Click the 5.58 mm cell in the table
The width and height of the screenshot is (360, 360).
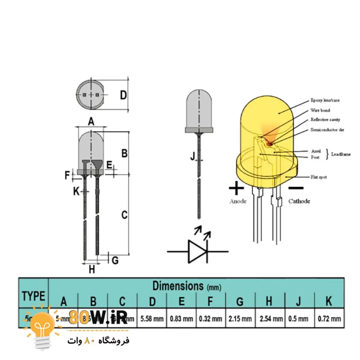point(152,318)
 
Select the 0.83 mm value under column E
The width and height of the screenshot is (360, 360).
point(182,318)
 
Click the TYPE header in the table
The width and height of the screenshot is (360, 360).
point(33,296)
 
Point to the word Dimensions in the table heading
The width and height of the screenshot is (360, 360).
point(178,286)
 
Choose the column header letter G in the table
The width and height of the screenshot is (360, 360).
point(240,301)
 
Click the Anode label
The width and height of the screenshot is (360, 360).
point(238,201)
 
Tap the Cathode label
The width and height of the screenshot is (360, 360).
point(299,201)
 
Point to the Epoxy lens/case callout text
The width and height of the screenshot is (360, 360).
point(325,100)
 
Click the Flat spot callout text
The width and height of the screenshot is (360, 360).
point(319,177)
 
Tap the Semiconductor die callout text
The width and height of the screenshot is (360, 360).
point(327,130)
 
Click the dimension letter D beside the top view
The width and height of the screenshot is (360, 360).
point(123,95)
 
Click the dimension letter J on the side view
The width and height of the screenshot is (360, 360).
point(192,156)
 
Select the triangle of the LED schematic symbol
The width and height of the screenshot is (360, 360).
point(197,251)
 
